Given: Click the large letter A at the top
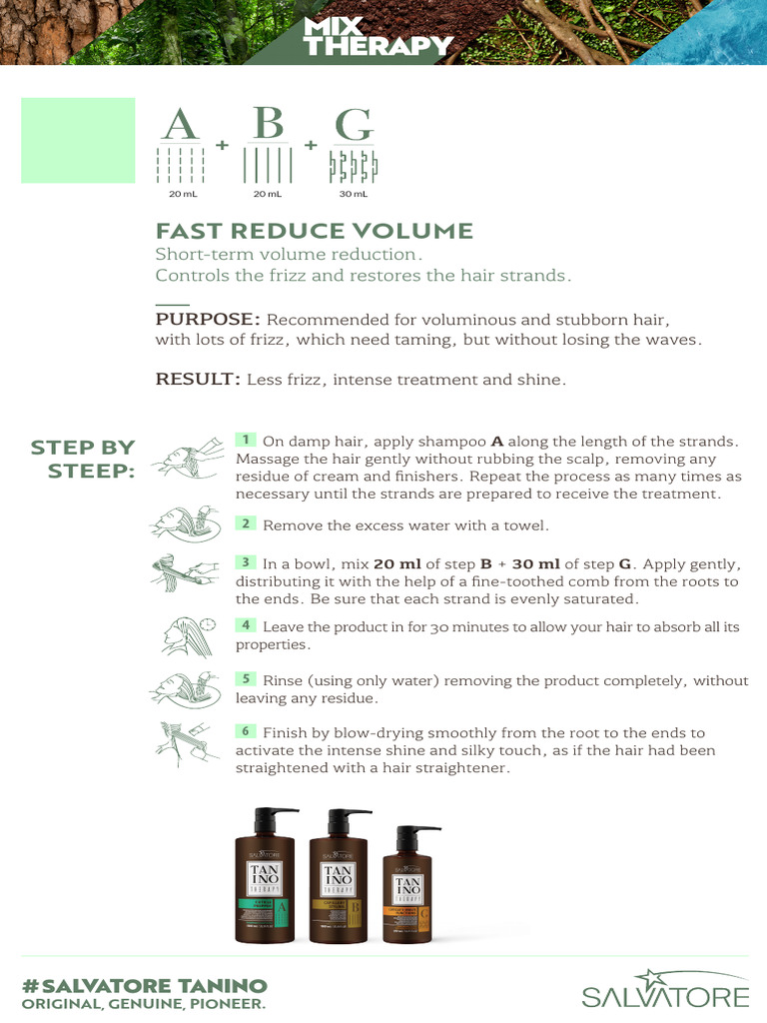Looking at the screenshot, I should [181, 125].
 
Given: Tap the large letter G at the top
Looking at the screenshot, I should [354, 125].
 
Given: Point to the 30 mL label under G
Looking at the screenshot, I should [354, 194].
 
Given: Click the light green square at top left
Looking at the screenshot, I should [78, 140].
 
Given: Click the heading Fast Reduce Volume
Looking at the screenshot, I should [314, 231].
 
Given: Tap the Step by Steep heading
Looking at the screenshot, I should [85, 459].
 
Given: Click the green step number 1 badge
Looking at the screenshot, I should [245, 440].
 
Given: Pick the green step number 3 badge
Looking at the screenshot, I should [245, 562].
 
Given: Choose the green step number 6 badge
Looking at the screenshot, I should [245, 731].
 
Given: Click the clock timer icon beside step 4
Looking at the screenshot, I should [208, 623].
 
